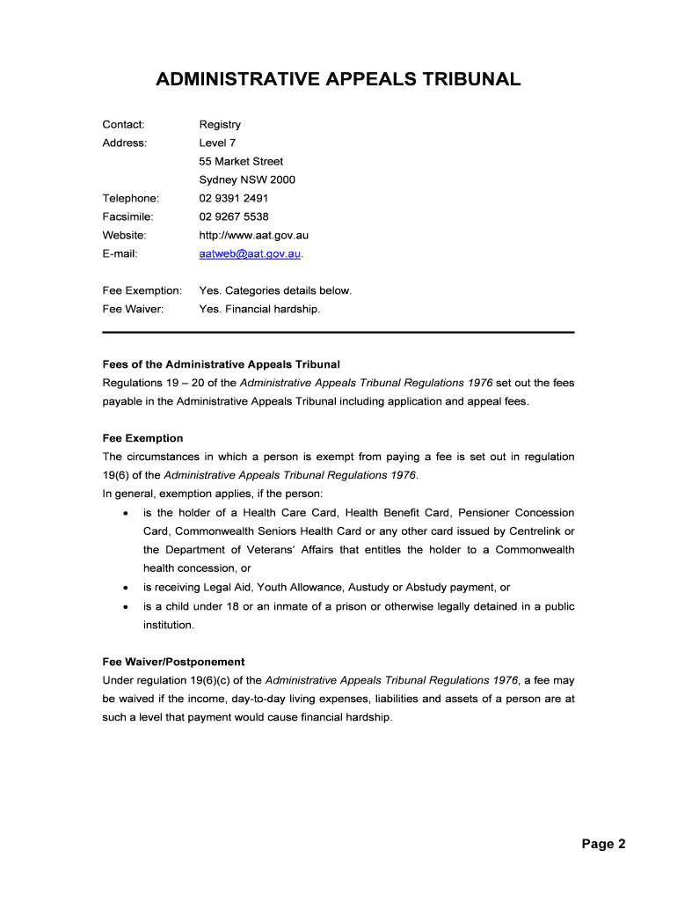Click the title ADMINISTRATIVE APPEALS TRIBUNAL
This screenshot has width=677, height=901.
coord(338,80)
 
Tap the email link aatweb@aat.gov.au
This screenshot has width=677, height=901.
coord(251,253)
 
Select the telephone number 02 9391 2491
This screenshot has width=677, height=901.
coord(233,198)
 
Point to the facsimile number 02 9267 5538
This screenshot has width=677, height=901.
coord(234,216)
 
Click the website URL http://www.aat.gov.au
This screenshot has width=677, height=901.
coord(253,235)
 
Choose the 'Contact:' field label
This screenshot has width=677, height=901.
coord(123,124)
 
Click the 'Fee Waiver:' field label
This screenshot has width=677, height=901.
coord(133,309)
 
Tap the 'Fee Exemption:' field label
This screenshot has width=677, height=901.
coord(142,290)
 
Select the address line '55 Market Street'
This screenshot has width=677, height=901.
coord(241,161)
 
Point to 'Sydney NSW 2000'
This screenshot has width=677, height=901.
coord(247,179)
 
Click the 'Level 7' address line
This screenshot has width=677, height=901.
coord(217,143)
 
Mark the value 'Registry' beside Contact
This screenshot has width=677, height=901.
coord(220,124)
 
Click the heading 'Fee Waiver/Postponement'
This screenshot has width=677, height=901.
coord(173,662)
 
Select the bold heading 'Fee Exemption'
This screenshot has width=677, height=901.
coord(142,438)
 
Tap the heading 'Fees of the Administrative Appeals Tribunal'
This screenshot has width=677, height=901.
coord(221,363)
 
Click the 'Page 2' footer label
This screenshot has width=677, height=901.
coord(602,844)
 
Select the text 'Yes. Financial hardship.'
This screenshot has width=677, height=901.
coord(259,309)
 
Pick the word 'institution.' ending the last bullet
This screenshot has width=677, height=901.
coord(168,625)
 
